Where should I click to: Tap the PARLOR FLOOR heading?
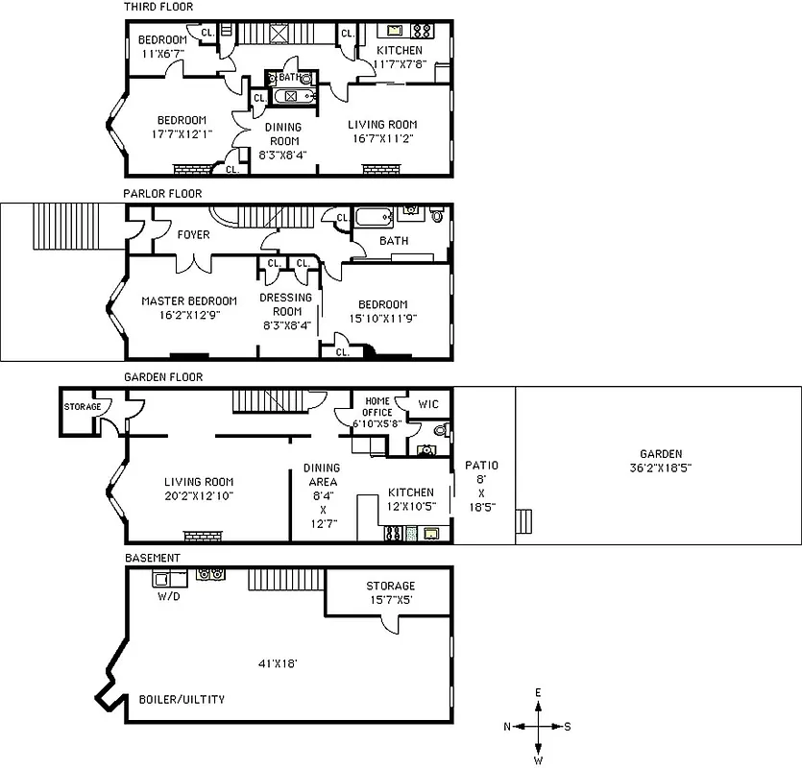point(162,193)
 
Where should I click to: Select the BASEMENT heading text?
point(153,558)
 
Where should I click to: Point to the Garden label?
point(660,454)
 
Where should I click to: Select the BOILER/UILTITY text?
point(182,699)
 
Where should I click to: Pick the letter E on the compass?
point(539,692)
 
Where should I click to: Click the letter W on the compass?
point(539,760)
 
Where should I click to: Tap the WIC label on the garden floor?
point(427,405)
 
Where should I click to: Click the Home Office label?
point(377,406)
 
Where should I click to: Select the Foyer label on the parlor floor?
point(193,234)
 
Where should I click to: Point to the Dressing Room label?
point(286,304)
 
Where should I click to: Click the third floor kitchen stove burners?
point(420,30)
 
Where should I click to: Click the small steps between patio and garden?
point(523,521)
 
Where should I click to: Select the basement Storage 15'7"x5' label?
point(390,592)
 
